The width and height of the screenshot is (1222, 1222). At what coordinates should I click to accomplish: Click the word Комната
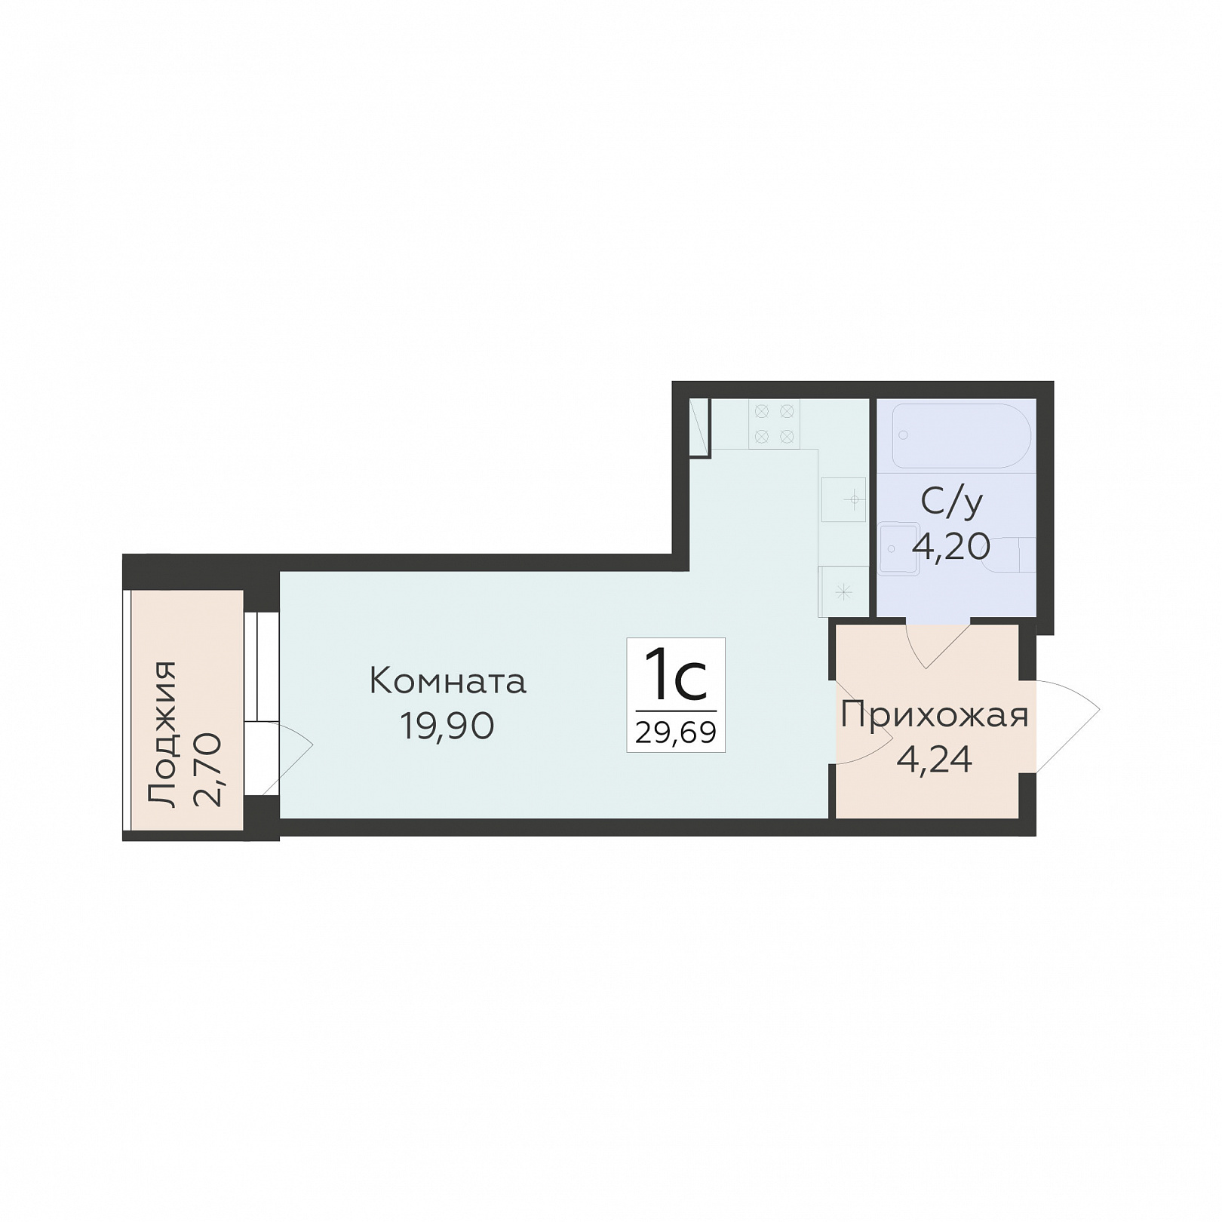coord(447,682)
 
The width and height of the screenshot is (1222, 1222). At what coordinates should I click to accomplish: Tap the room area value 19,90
coord(447,726)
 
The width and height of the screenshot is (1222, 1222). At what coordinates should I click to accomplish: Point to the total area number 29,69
coord(676,732)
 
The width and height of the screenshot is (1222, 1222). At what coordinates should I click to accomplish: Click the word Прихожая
coord(935,715)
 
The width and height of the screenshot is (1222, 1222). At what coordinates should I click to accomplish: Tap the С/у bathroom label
coord(952,502)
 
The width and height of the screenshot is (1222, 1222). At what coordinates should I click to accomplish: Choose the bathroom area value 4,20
coord(952,545)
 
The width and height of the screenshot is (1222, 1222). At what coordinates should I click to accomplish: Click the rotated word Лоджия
coord(162,735)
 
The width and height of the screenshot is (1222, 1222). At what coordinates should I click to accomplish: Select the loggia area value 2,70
coord(207,769)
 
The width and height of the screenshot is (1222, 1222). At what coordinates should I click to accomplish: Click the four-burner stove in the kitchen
coord(774,423)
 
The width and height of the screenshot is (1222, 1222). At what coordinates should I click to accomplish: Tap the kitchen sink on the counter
coord(843,499)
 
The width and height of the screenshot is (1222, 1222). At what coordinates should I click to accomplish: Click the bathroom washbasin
coord(900,548)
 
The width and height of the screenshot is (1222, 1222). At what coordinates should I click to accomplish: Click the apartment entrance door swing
coord(1067,725)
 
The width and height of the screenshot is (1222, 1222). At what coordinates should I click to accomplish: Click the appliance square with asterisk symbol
coord(843,591)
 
